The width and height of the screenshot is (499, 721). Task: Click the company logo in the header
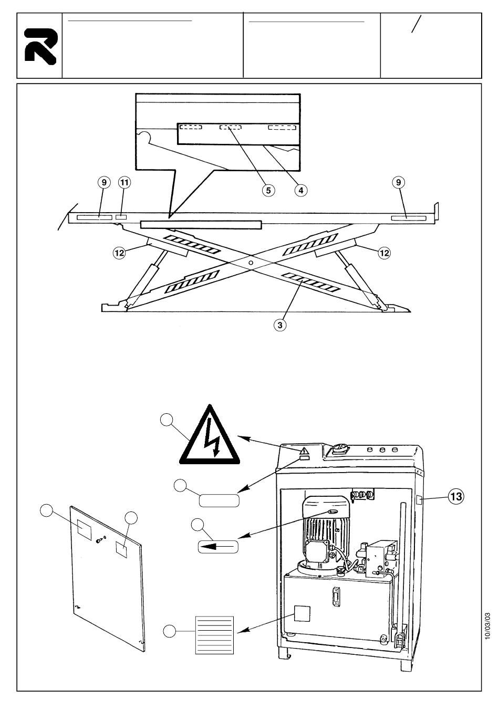pyautogui.click(x=41, y=46)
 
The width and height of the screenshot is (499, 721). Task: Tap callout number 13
pyautogui.click(x=456, y=497)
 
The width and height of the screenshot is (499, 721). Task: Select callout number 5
pyautogui.click(x=268, y=190)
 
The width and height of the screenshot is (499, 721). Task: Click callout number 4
pyautogui.click(x=300, y=190)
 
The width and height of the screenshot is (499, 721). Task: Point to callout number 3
pyautogui.click(x=280, y=325)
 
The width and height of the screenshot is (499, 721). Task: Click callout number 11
pyautogui.click(x=124, y=183)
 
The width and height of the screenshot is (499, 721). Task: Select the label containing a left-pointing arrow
pyautogui.click(x=218, y=546)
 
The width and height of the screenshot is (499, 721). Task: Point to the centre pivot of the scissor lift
pyautogui.click(x=251, y=263)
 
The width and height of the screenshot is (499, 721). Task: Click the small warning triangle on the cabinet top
pyautogui.click(x=304, y=451)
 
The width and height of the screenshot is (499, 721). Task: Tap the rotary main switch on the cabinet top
pyautogui.click(x=340, y=448)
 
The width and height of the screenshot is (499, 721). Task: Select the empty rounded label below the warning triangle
pyautogui.click(x=219, y=500)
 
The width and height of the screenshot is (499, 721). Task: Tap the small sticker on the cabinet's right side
pyautogui.click(x=419, y=500)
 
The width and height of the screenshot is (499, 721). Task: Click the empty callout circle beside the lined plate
pyautogui.click(x=169, y=631)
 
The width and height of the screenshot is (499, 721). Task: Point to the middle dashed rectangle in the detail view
pyautogui.click(x=230, y=127)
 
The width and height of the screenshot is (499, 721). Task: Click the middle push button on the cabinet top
pyautogui.click(x=382, y=450)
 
